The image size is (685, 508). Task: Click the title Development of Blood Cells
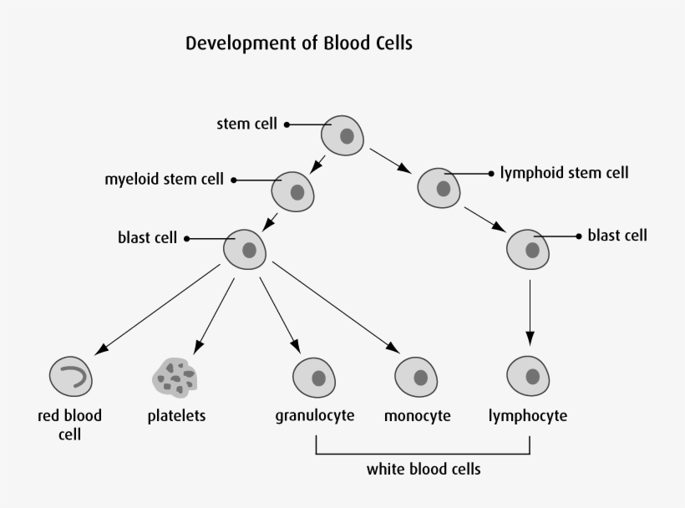pyautogui.click(x=298, y=43)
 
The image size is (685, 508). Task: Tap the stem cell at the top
pyautogui.click(x=343, y=135)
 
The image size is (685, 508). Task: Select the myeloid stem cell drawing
pyautogui.click(x=293, y=191)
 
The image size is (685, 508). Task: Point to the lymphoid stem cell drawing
pyautogui.click(x=439, y=187)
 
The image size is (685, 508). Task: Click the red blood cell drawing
pyautogui.click(x=71, y=377)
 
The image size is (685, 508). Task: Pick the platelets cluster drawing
pyautogui.click(x=175, y=377)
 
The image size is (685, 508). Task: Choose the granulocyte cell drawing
pyautogui.click(x=315, y=377)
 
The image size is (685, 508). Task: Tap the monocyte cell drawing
pyautogui.click(x=416, y=377)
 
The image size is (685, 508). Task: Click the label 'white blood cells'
pyautogui.click(x=424, y=469)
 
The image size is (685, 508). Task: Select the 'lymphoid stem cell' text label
pyautogui.click(x=564, y=173)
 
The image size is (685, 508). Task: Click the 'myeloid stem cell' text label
pyautogui.click(x=164, y=180)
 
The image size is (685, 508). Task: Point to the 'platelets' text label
pyautogui.click(x=176, y=415)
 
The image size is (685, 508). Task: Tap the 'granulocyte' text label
pyautogui.click(x=315, y=415)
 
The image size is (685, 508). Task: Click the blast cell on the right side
pyautogui.click(x=529, y=248)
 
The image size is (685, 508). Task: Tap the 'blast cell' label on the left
pyautogui.click(x=147, y=238)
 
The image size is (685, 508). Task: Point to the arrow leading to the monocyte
pyautogui.click(x=334, y=306)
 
